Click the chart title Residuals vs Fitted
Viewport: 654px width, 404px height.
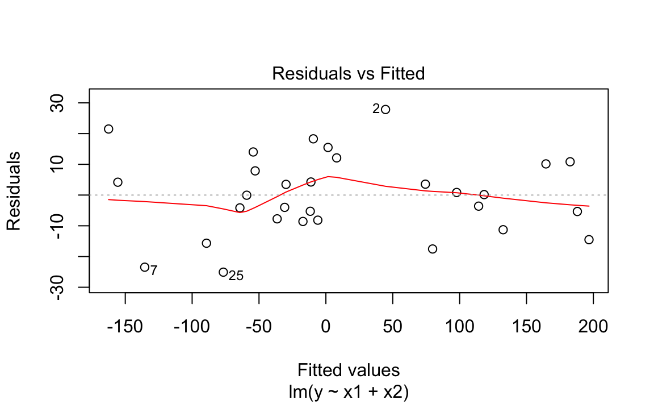tap(348, 74)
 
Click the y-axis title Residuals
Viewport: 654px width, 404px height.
tap(14, 191)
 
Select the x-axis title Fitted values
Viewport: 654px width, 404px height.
tap(348, 370)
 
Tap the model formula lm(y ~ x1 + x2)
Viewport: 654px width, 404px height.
tap(348, 392)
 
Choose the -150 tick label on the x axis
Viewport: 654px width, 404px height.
tap(125, 327)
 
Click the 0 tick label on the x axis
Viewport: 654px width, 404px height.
tap(325, 327)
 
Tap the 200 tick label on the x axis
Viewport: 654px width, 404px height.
tap(593, 327)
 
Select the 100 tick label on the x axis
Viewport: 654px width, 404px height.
tap(459, 327)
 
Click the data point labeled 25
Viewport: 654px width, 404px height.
tap(223, 272)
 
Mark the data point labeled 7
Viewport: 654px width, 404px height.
tap(145, 267)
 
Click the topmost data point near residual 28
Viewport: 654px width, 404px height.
tap(385, 109)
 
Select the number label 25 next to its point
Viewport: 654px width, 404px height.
tap(236, 276)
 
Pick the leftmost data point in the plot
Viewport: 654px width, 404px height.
tap(108, 129)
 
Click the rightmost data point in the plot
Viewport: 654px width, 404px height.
tap(589, 240)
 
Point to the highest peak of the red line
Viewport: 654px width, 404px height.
tap(329, 176)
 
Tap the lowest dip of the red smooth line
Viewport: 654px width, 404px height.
tap(240, 212)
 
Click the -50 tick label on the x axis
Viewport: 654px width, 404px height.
tap(258, 327)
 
